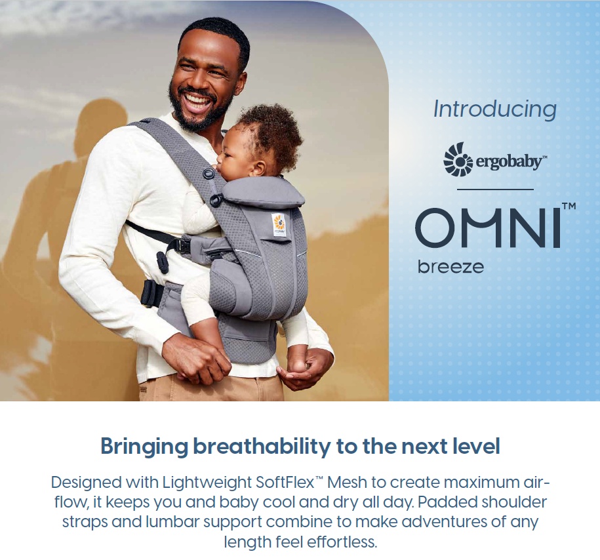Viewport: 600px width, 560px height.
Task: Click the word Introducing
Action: pyautogui.click(x=495, y=110)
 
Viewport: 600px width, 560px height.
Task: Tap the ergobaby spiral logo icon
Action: pyautogui.click(x=458, y=159)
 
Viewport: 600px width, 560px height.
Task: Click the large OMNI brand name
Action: pyautogui.click(x=489, y=228)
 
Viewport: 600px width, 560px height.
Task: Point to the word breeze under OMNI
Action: pyautogui.click(x=450, y=267)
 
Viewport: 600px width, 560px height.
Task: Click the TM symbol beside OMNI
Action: pyautogui.click(x=569, y=207)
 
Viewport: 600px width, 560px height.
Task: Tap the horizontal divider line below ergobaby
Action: pyautogui.click(x=495, y=189)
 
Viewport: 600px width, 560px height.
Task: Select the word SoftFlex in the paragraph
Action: pyautogui.click(x=285, y=483)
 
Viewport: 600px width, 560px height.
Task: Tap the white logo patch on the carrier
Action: pyautogui.click(x=279, y=224)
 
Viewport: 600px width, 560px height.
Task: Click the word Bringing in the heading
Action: pyautogui.click(x=144, y=447)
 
